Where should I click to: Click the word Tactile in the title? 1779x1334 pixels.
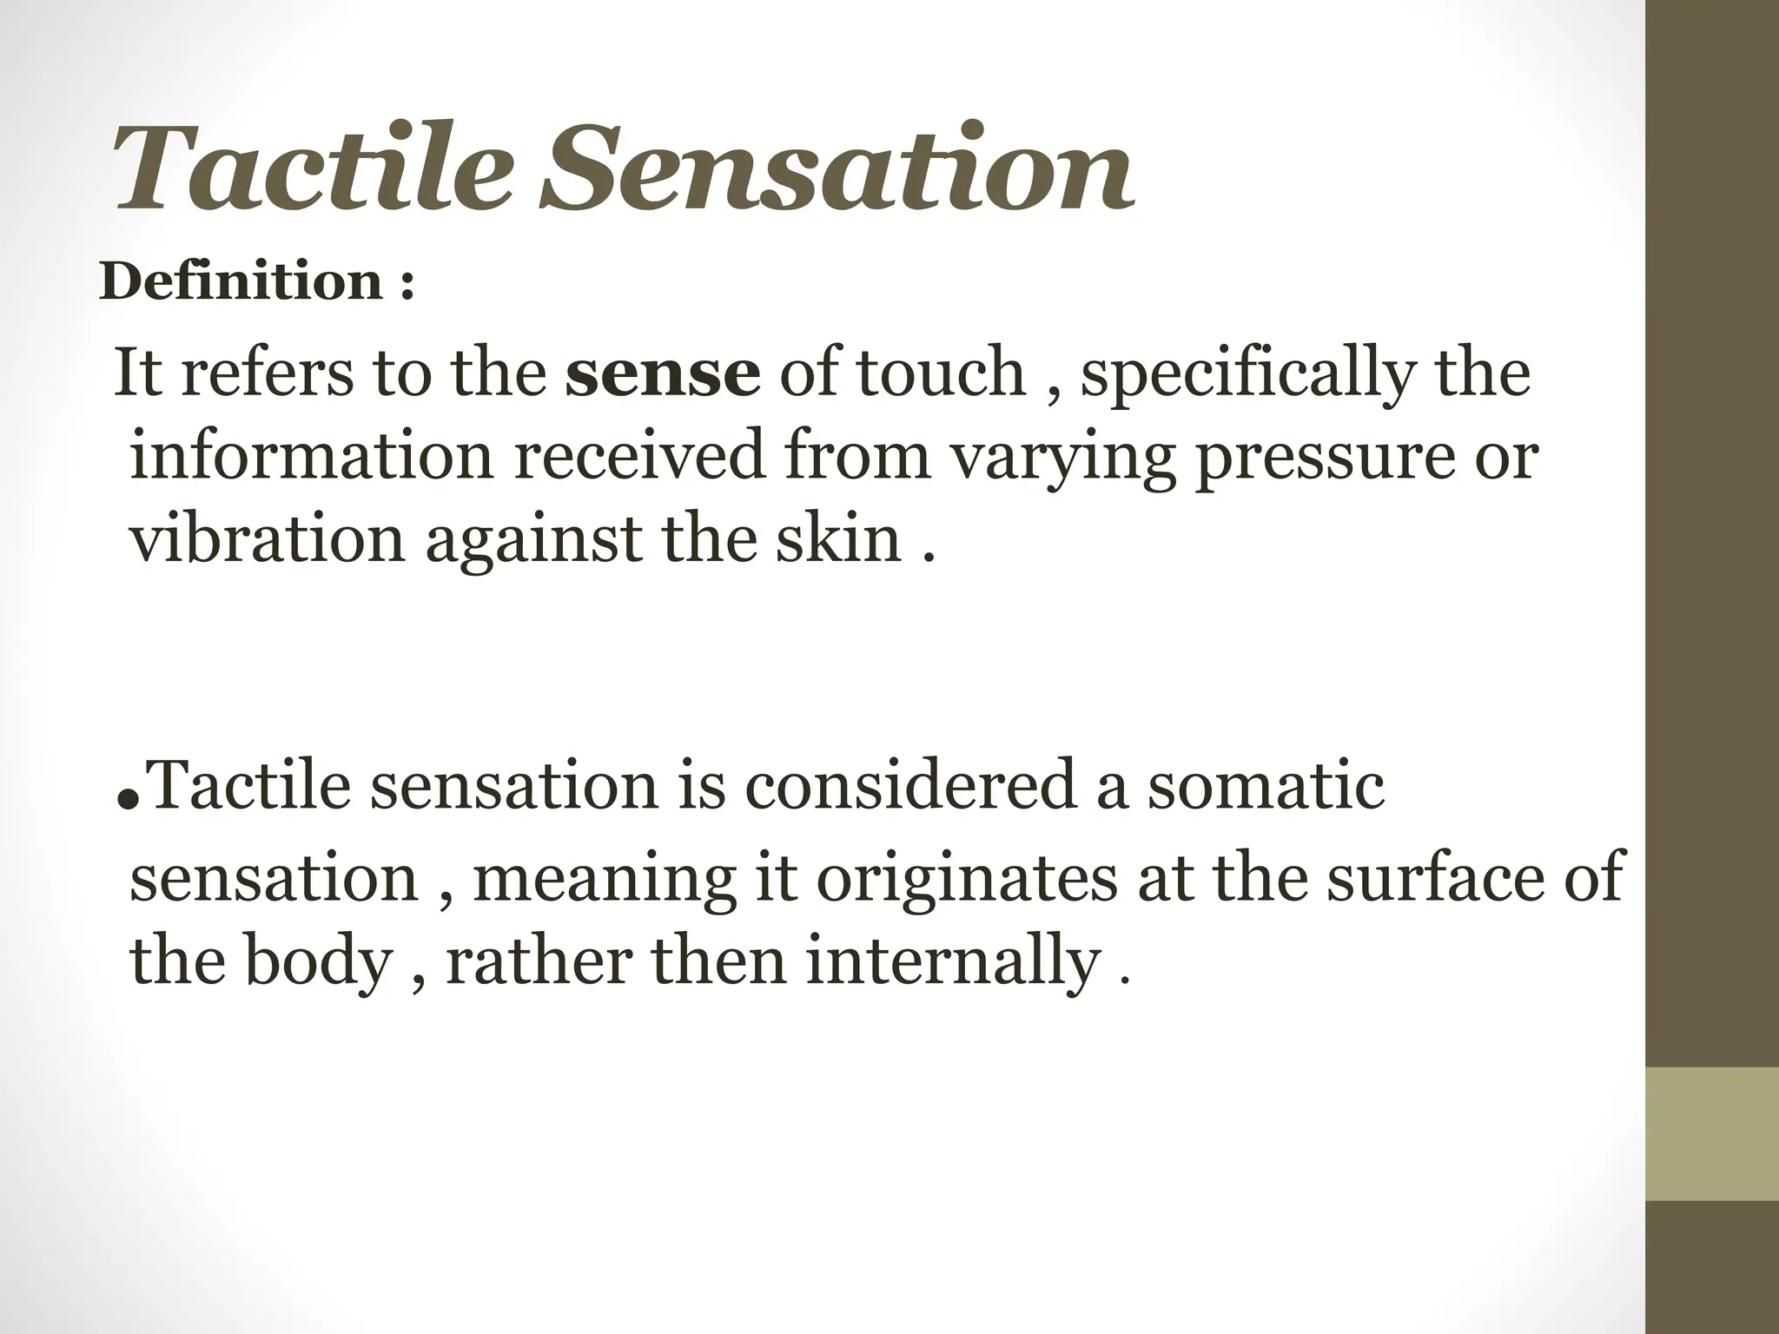point(309,169)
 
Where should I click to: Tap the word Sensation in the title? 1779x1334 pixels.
point(836,169)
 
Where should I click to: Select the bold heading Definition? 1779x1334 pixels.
point(241,281)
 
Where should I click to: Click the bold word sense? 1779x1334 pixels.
point(662,372)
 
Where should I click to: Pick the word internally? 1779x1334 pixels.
point(953,962)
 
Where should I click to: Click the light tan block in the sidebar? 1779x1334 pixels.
point(1712,1134)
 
